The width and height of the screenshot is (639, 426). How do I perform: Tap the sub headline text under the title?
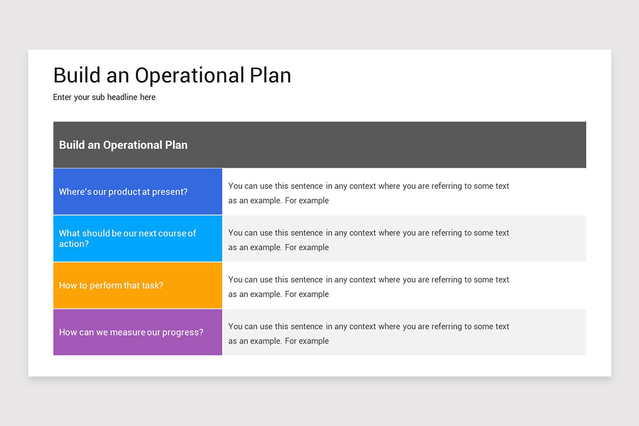104,97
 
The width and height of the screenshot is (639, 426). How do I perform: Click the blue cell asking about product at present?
137,192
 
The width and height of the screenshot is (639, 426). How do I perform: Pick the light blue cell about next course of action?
137,239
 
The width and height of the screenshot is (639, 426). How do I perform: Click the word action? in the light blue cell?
74,244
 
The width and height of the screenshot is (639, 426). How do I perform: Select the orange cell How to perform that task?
137,285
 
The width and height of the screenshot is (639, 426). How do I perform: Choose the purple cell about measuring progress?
137,332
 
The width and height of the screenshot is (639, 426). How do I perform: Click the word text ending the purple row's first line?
502,326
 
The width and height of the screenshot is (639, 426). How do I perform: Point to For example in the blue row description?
307,200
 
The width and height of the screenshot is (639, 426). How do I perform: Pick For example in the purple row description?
307,341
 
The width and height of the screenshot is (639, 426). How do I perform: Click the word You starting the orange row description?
235,280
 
